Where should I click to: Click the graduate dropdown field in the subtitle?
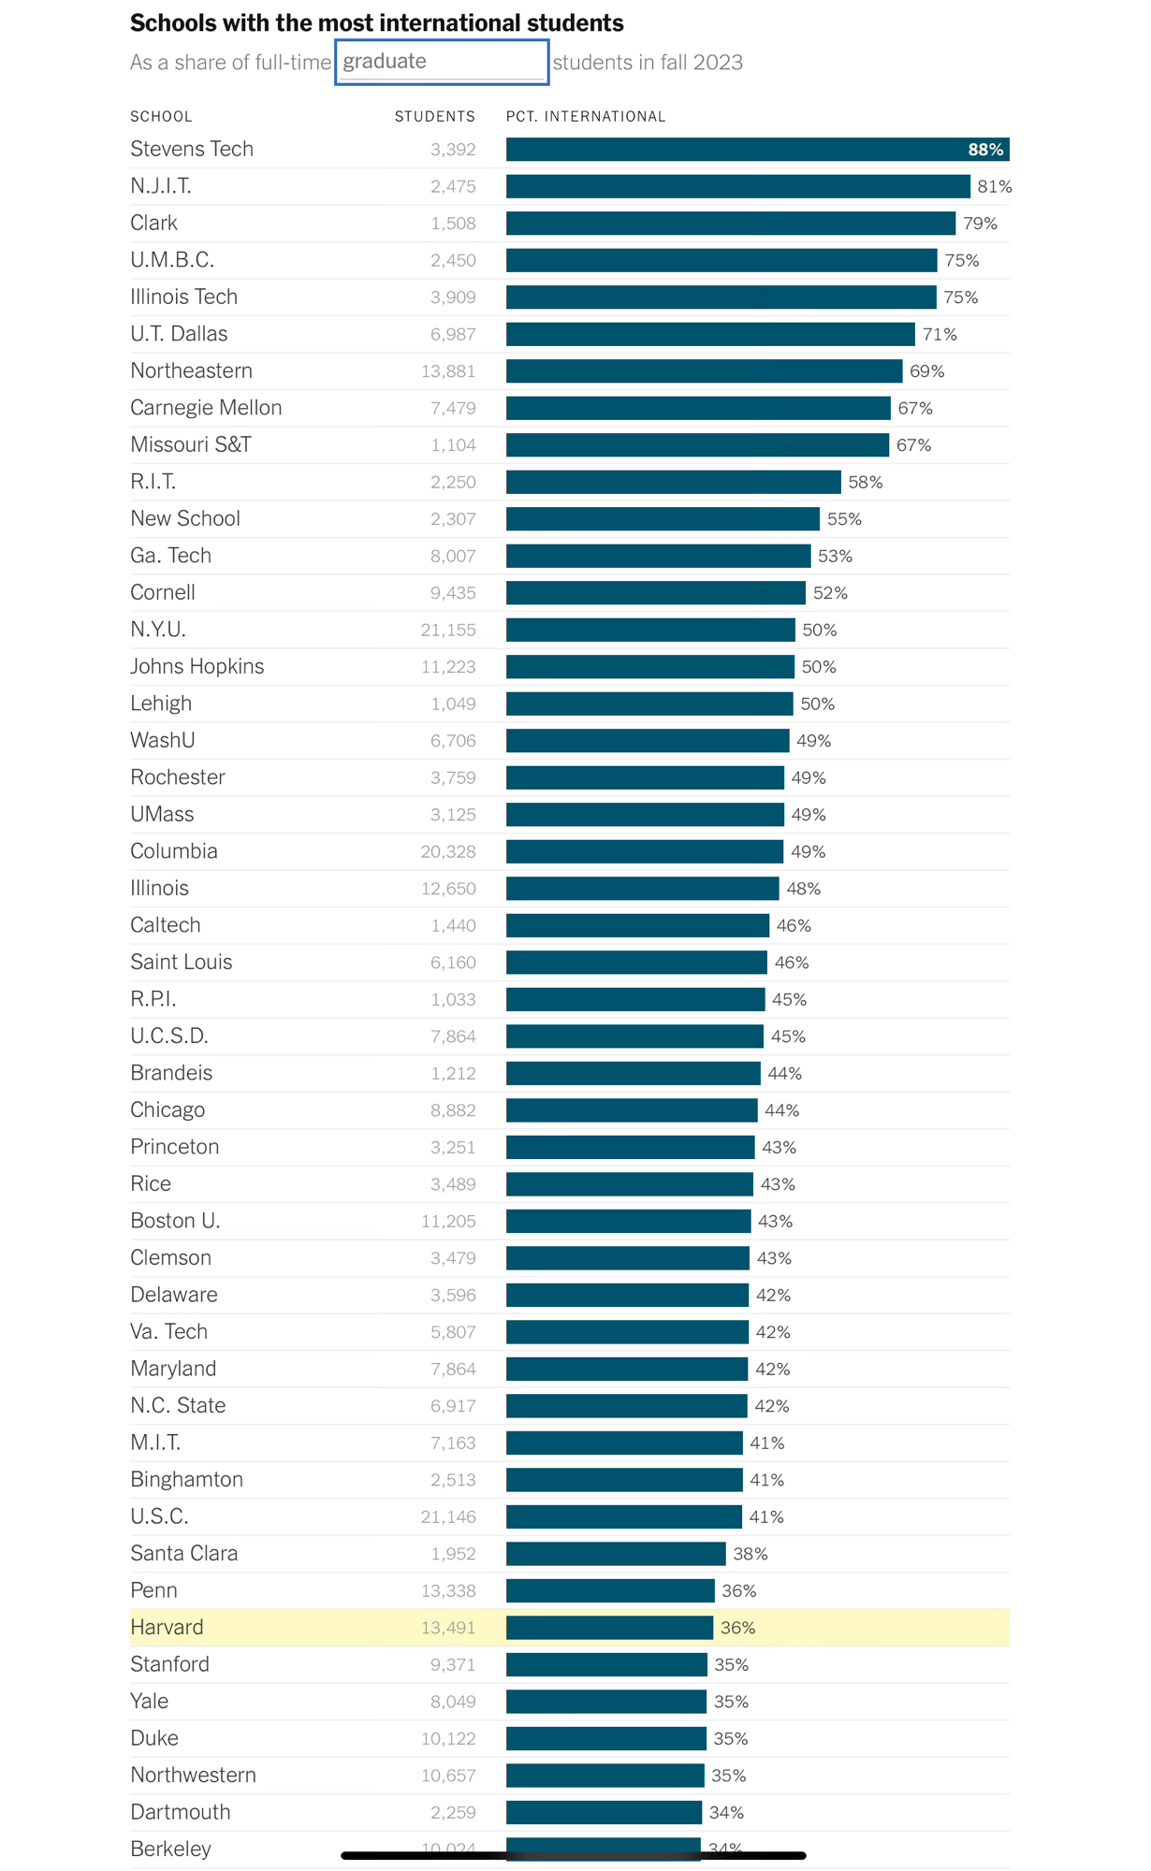point(441,62)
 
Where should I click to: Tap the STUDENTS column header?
point(434,117)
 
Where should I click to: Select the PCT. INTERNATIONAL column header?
point(586,117)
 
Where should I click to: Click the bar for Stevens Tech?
point(730,150)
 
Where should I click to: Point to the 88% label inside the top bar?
point(984,150)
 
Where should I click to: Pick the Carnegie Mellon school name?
point(206,408)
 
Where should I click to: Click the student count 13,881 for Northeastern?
point(448,371)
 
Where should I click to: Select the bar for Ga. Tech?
point(658,556)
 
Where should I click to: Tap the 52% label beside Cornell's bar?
point(830,593)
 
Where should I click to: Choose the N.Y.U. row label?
point(158,630)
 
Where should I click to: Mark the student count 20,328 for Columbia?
point(448,851)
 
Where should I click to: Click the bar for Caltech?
point(637,925)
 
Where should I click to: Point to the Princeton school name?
point(175,1147)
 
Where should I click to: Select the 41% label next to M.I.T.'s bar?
point(766,1443)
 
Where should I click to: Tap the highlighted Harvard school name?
point(167,1628)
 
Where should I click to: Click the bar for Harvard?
point(609,1628)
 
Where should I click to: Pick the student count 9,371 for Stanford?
point(453,1664)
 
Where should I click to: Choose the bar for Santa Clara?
point(616,1554)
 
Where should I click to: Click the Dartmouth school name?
point(181,1812)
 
